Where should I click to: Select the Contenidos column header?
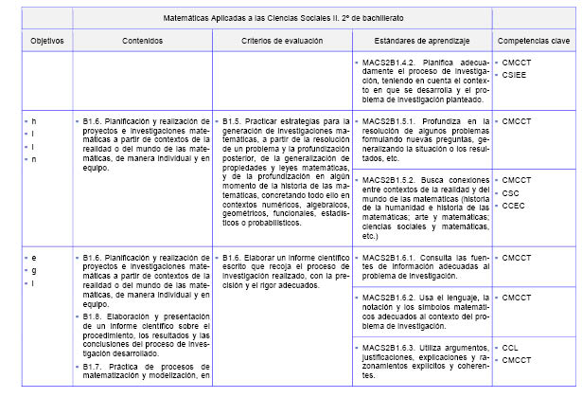point(142,42)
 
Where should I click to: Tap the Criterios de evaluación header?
point(282,42)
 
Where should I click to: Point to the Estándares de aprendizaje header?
point(421,42)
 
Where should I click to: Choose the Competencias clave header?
point(534,42)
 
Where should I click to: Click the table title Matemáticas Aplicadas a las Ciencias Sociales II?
point(281,18)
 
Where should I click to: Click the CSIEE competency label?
point(515,75)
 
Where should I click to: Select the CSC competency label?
point(511,192)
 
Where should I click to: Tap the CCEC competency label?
point(514,205)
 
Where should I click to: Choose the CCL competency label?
point(511,349)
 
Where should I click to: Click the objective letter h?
point(35,121)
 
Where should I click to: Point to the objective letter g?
point(35,270)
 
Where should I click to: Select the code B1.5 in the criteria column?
point(235,121)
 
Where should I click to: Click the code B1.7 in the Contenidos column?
point(92,366)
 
